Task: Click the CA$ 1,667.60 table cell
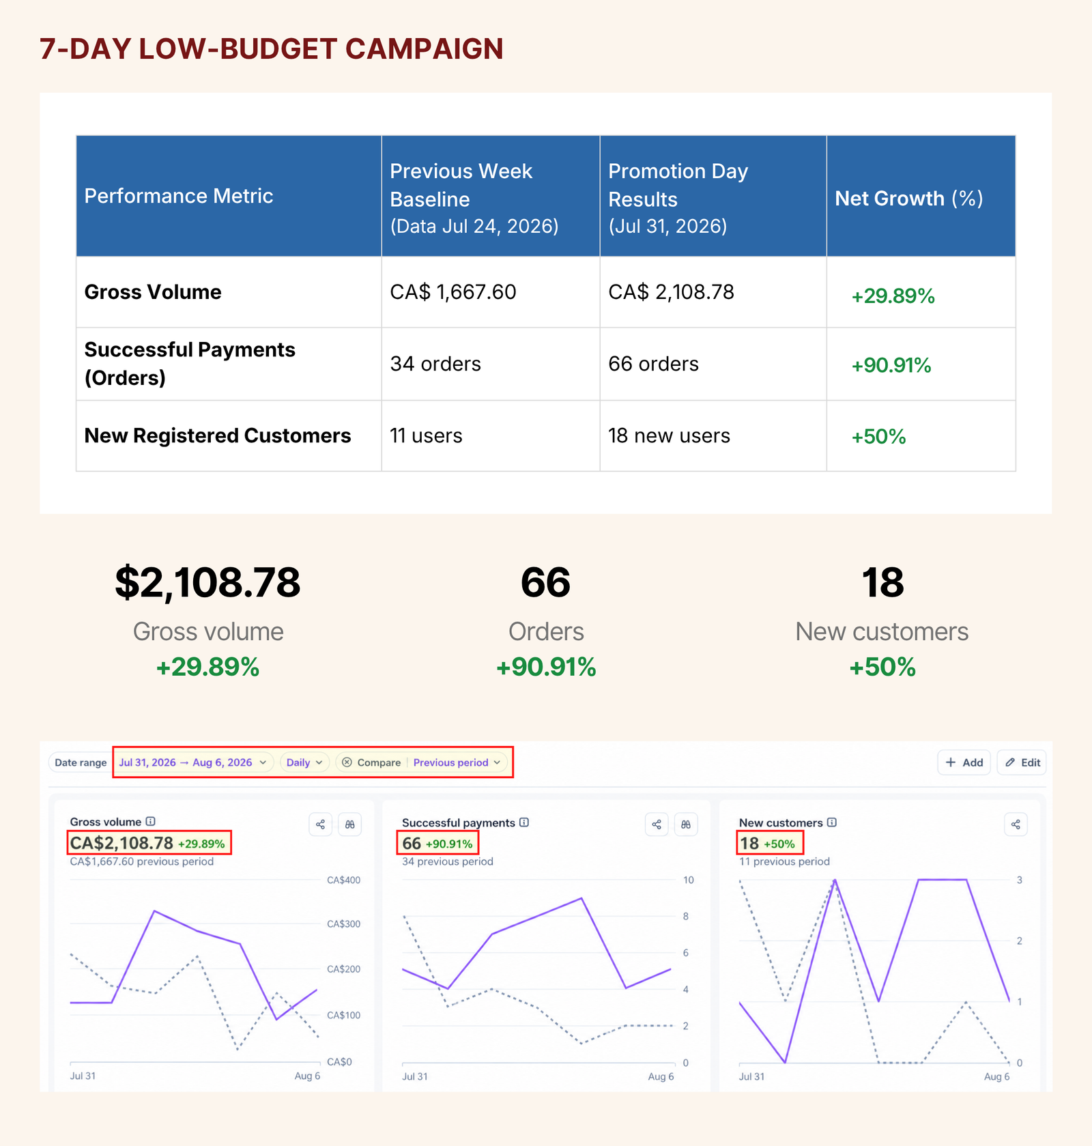pos(452,292)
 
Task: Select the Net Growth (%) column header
pos(908,198)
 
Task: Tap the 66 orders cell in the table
pos(653,364)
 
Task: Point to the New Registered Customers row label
pos(217,435)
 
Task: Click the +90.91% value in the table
pos(891,365)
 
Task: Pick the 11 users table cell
pos(426,435)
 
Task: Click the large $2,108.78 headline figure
pos(207,582)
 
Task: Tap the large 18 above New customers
pos(882,582)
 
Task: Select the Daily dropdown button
pos(304,762)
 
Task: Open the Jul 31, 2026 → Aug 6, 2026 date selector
pos(192,762)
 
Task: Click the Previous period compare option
pos(457,762)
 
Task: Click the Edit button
pos(1022,762)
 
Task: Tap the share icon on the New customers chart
pos(1016,825)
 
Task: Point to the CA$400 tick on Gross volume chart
pos(343,880)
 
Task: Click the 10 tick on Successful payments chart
pos(689,880)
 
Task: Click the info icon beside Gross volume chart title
pos(151,822)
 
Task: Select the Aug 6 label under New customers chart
pos(996,1076)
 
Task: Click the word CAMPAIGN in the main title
pos(424,49)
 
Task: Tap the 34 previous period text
pos(447,861)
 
